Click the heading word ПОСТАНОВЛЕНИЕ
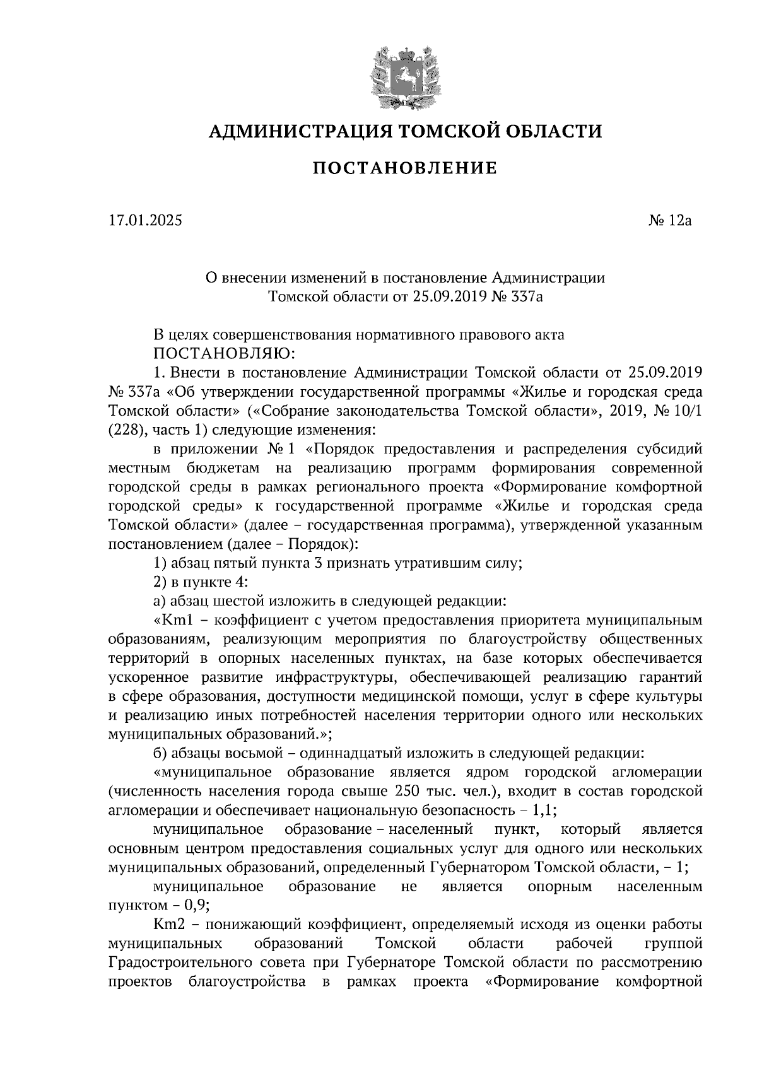(404, 168)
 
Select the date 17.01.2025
(145, 221)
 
